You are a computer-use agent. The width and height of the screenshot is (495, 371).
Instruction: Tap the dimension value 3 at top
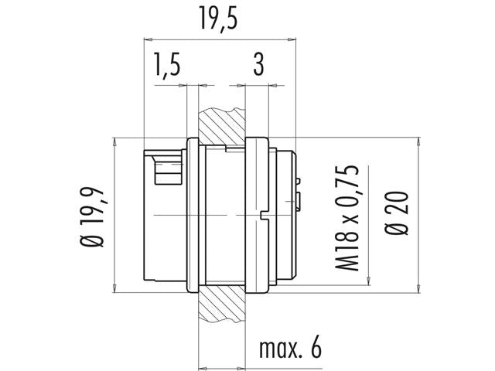point(258,66)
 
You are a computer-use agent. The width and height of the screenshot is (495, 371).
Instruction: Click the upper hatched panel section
point(223,124)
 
